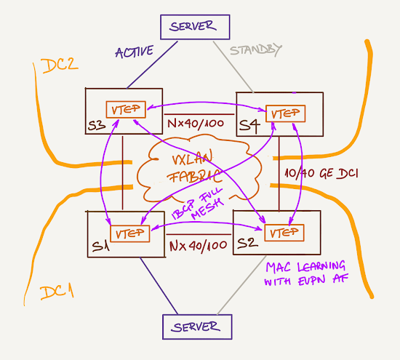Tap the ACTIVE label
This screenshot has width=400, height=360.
click(135, 52)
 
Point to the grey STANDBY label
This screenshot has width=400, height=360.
click(256, 50)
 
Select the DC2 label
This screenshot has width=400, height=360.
click(60, 66)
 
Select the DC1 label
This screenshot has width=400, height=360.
click(57, 292)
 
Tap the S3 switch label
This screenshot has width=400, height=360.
click(97, 125)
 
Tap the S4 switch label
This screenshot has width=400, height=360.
click(249, 127)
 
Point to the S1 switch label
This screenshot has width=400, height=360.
click(100, 247)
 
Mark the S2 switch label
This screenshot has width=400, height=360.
click(247, 243)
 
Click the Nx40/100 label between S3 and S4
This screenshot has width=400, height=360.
click(196, 124)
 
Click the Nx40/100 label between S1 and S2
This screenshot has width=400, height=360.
click(199, 247)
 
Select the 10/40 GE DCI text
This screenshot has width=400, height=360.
click(321, 174)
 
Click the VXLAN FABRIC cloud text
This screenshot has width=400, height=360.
click(193, 167)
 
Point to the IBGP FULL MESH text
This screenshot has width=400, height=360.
click(198, 204)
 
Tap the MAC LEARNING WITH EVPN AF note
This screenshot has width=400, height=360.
click(306, 273)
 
